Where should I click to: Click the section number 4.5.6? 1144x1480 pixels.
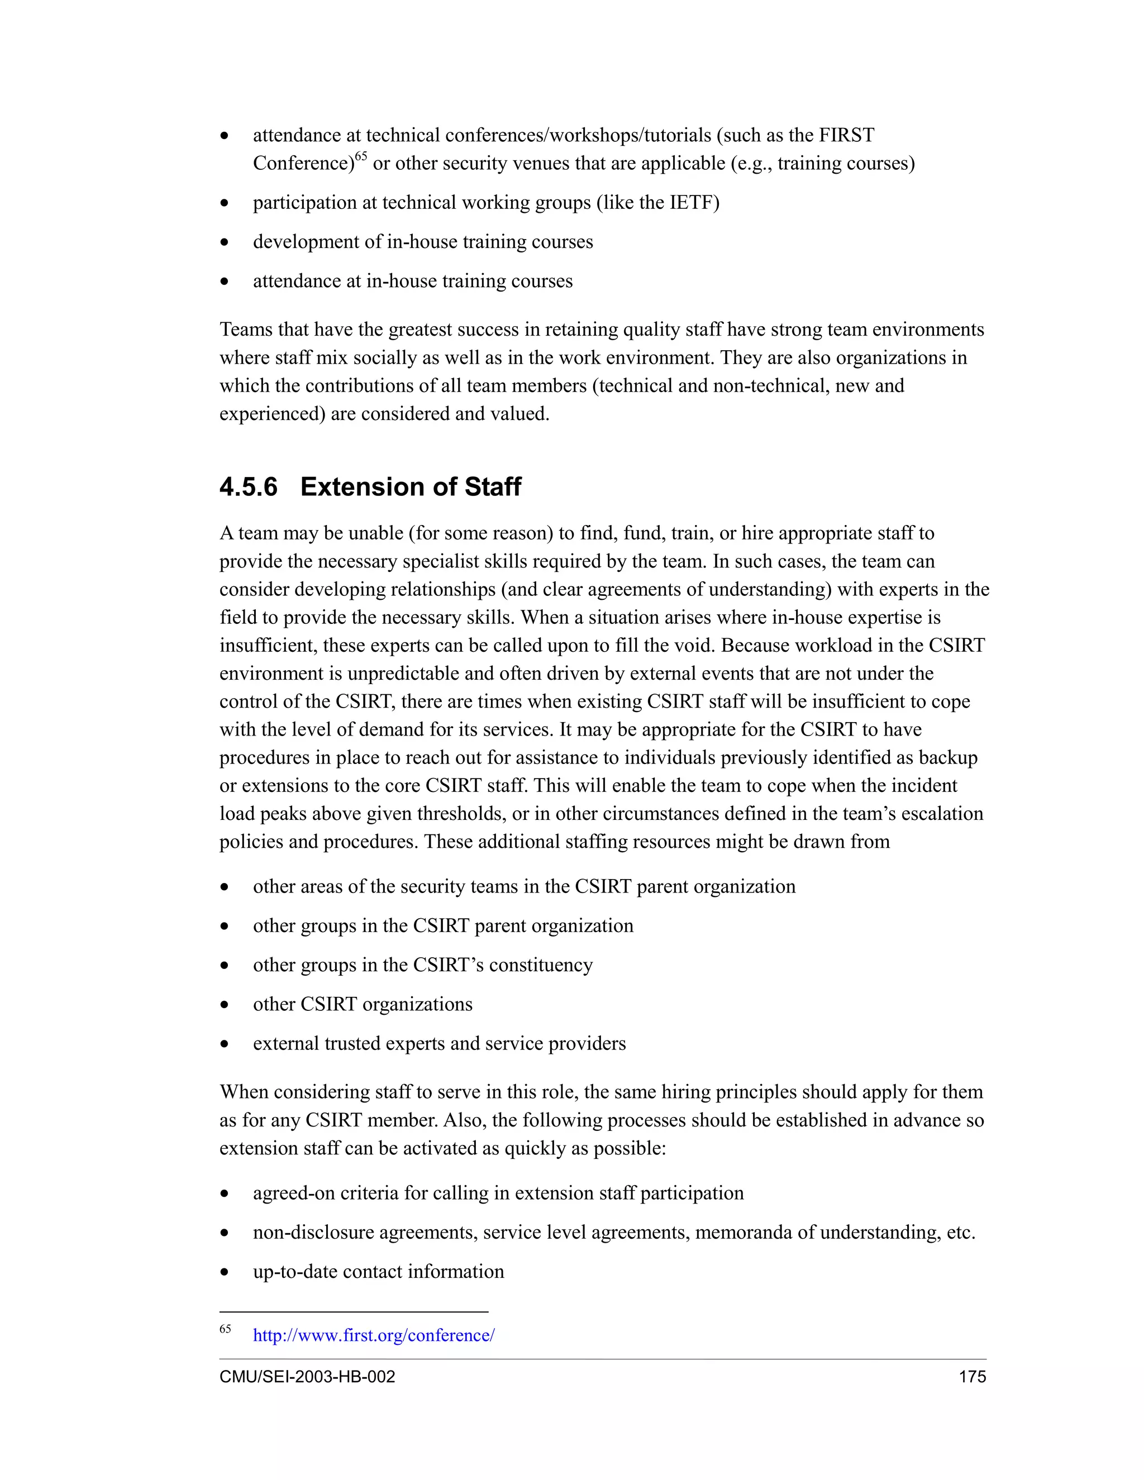248,487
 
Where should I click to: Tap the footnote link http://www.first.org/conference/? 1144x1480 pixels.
374,1335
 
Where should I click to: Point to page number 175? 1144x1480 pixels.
972,1376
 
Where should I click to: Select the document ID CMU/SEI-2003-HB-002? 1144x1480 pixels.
307,1376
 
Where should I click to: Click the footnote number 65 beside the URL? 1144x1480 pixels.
225,1329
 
